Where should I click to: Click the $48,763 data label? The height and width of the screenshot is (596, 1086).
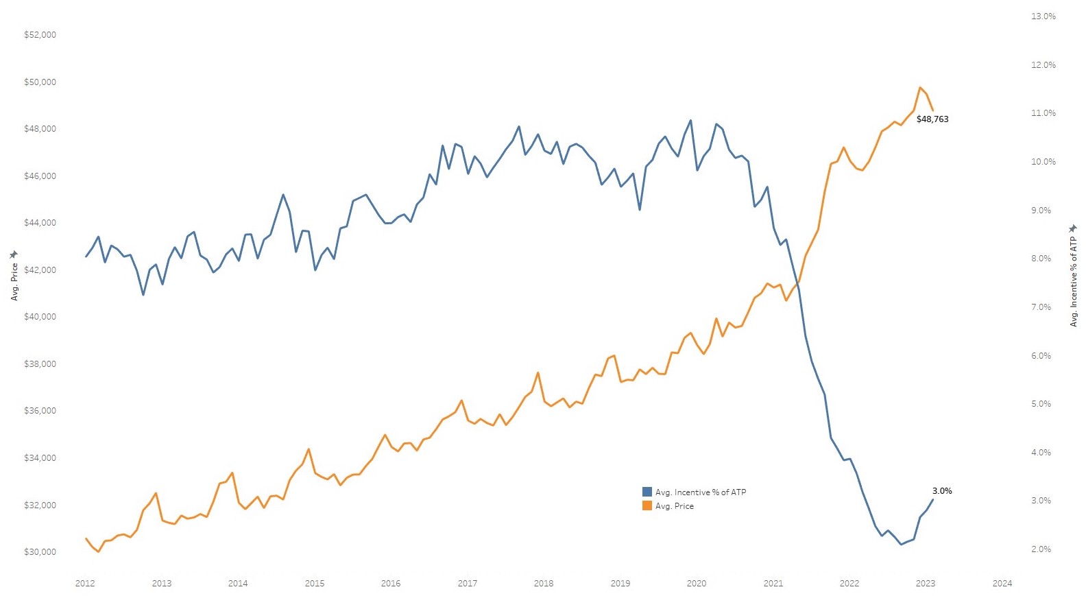coord(932,119)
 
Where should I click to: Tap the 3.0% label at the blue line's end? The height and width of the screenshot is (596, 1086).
coord(942,491)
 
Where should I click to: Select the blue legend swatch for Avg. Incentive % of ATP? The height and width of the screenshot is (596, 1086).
coord(647,492)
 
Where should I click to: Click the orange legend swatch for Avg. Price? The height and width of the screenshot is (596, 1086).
coord(647,505)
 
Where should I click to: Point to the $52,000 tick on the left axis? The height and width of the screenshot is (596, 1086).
coord(40,35)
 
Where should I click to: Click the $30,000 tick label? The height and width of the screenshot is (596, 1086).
coord(40,552)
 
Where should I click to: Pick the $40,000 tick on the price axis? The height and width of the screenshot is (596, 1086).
coord(40,317)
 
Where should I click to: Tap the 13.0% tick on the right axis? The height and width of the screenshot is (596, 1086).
coord(1043,16)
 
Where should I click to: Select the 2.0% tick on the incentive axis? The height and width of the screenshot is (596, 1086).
coord(1041,549)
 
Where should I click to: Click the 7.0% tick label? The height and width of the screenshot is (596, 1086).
coord(1041,307)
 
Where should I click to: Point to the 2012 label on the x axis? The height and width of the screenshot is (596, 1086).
coord(85,584)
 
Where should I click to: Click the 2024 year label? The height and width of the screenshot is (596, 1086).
coord(1002,584)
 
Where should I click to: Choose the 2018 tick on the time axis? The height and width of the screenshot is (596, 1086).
coord(544,584)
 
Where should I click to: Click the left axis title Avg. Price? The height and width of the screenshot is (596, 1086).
coord(14,282)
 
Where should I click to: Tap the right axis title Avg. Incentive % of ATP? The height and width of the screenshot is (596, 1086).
coord(1074,281)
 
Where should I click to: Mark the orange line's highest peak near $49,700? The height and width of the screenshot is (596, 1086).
coord(919,88)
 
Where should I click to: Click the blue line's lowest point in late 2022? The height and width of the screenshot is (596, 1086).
coord(901,544)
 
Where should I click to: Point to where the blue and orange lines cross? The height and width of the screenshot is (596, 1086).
coord(797,283)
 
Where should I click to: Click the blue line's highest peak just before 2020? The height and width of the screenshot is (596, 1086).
coord(690,121)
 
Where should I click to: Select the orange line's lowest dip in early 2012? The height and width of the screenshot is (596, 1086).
coord(98,551)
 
